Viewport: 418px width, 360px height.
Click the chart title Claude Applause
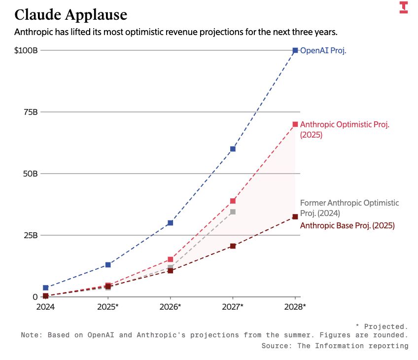point(70,15)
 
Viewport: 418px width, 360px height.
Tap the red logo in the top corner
point(404,7)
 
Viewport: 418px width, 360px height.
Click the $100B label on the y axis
point(26,50)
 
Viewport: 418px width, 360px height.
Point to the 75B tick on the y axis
point(31,112)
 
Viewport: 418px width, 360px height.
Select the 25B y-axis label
point(31,235)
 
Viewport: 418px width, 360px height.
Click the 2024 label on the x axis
point(45,307)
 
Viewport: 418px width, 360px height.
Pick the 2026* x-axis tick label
point(171,307)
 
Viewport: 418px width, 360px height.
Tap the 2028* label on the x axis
point(295,307)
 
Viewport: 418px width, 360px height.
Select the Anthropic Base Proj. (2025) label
point(348,226)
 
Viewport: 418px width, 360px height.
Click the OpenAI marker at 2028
point(295,50)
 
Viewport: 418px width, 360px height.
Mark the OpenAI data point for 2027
point(233,148)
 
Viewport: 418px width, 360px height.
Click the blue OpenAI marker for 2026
point(170,223)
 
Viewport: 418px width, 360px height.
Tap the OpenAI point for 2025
point(108,265)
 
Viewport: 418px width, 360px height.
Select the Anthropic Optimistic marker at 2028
point(295,124)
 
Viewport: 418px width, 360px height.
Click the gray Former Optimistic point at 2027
point(233,212)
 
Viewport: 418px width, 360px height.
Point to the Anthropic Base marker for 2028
point(295,216)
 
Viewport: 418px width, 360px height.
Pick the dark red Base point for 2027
point(233,246)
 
